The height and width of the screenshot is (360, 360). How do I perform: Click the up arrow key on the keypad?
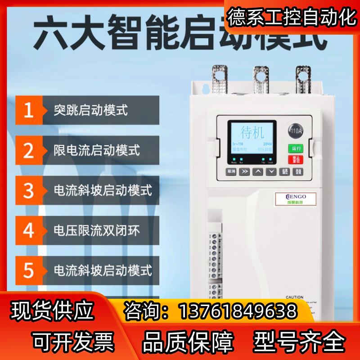pos(257,171)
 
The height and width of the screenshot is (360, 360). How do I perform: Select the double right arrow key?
pos(244,171)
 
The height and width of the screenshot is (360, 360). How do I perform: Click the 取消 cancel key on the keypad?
pos(231,171)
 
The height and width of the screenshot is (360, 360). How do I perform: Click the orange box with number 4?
pos(29,230)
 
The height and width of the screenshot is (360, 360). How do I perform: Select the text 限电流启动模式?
pos(97,149)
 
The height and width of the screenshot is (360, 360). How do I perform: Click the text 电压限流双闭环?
pos(97,230)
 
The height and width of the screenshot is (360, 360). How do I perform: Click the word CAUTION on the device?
pos(294,297)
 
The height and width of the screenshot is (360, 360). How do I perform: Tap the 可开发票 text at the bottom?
pos(72,340)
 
